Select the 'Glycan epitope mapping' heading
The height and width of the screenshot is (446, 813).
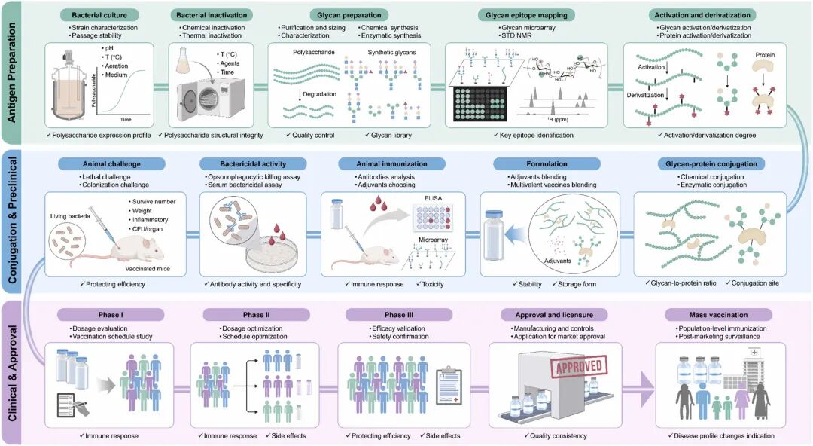[x=527, y=14]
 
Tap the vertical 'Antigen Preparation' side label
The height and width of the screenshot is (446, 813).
[x=14, y=72]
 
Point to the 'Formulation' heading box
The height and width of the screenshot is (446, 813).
[x=531, y=163]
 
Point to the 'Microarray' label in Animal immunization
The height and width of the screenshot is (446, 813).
[x=425, y=240]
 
